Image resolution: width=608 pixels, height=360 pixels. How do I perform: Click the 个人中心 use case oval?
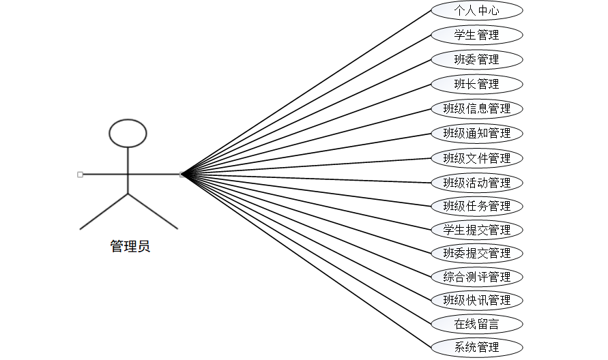point(477,10)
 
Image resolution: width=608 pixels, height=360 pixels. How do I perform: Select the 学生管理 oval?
point(477,35)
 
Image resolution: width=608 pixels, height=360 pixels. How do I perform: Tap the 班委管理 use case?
point(477,59)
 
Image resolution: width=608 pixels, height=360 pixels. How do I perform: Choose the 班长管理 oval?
point(477,84)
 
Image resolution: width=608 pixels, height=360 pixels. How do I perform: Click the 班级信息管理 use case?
point(477,108)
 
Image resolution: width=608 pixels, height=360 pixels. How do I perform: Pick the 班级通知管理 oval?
point(477,133)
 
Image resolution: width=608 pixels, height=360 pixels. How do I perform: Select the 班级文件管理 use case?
point(477,158)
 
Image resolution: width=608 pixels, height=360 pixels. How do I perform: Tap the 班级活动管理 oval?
point(477,183)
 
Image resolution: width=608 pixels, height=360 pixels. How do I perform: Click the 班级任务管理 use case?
point(477,206)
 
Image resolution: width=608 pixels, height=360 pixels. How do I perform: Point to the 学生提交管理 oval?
point(477,230)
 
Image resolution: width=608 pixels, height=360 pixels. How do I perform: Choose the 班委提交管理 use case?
point(477,253)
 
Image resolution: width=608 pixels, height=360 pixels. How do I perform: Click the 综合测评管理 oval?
point(477,277)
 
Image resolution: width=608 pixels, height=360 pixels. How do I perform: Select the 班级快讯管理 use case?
point(477,300)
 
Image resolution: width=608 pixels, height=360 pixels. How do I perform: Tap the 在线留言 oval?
point(477,324)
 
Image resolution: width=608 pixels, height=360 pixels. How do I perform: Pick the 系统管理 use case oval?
point(477,347)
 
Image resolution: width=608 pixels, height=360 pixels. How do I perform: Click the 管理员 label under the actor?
point(130,247)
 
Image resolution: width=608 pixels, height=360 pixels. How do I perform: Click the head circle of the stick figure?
point(128,134)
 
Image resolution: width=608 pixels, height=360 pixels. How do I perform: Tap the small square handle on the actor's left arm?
point(81,175)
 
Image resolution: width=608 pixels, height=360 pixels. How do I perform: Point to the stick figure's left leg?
point(104,211)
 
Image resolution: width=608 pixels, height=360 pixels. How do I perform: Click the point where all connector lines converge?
point(182,175)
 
